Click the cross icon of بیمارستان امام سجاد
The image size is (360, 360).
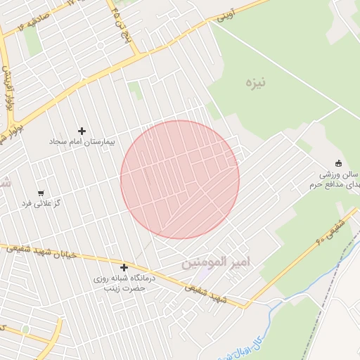coord(82,131)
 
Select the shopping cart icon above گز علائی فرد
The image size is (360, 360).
coord(41,193)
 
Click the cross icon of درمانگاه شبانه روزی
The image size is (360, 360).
coord(124,267)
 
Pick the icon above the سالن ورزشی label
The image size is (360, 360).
coord(339,162)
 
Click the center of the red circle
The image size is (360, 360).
coord(180,179)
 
